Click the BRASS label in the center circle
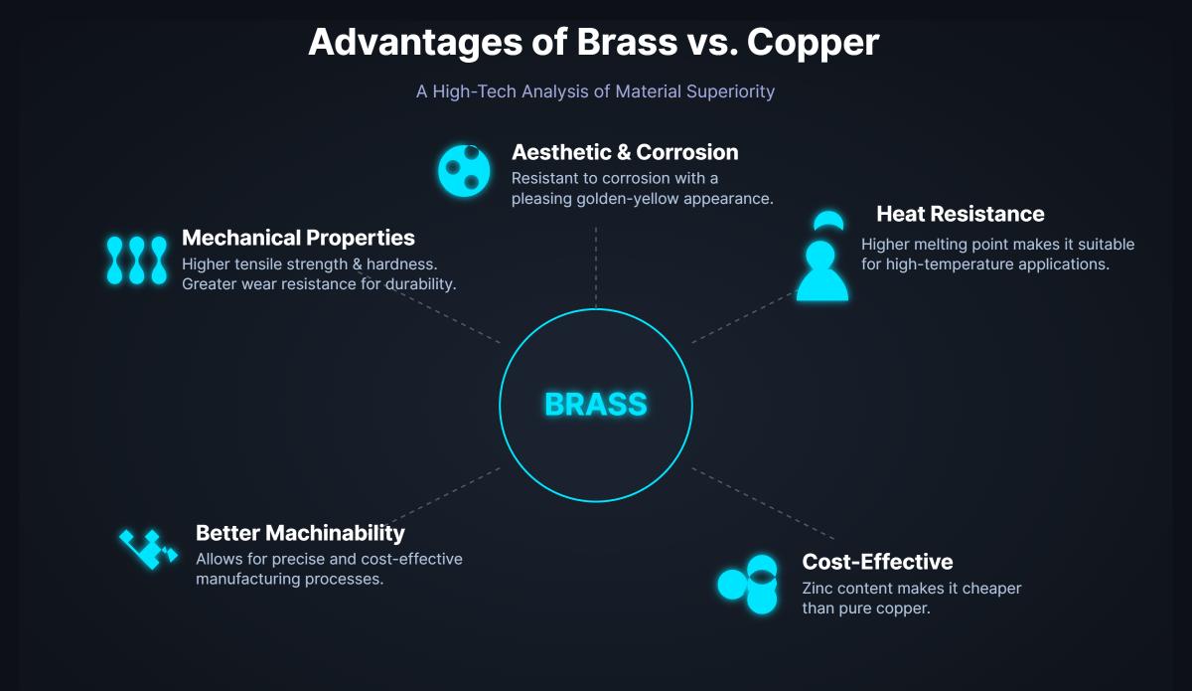(595, 405)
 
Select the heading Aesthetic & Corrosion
(625, 152)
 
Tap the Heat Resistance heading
(960, 214)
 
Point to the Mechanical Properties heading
(298, 238)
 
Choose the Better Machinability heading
(300, 533)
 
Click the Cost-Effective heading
(877, 562)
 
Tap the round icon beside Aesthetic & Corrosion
(464, 170)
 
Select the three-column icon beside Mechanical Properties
(136, 260)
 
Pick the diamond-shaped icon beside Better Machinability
(147, 548)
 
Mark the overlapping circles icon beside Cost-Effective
(749, 584)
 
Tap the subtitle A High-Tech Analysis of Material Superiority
(595, 91)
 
